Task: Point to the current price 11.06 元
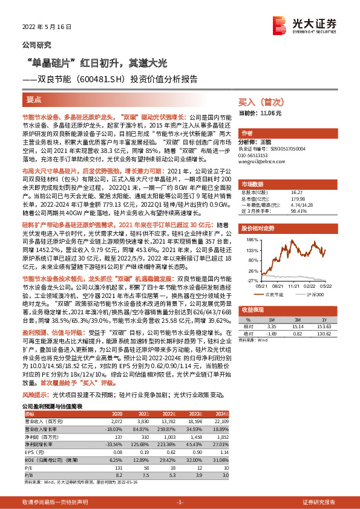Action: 261,113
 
